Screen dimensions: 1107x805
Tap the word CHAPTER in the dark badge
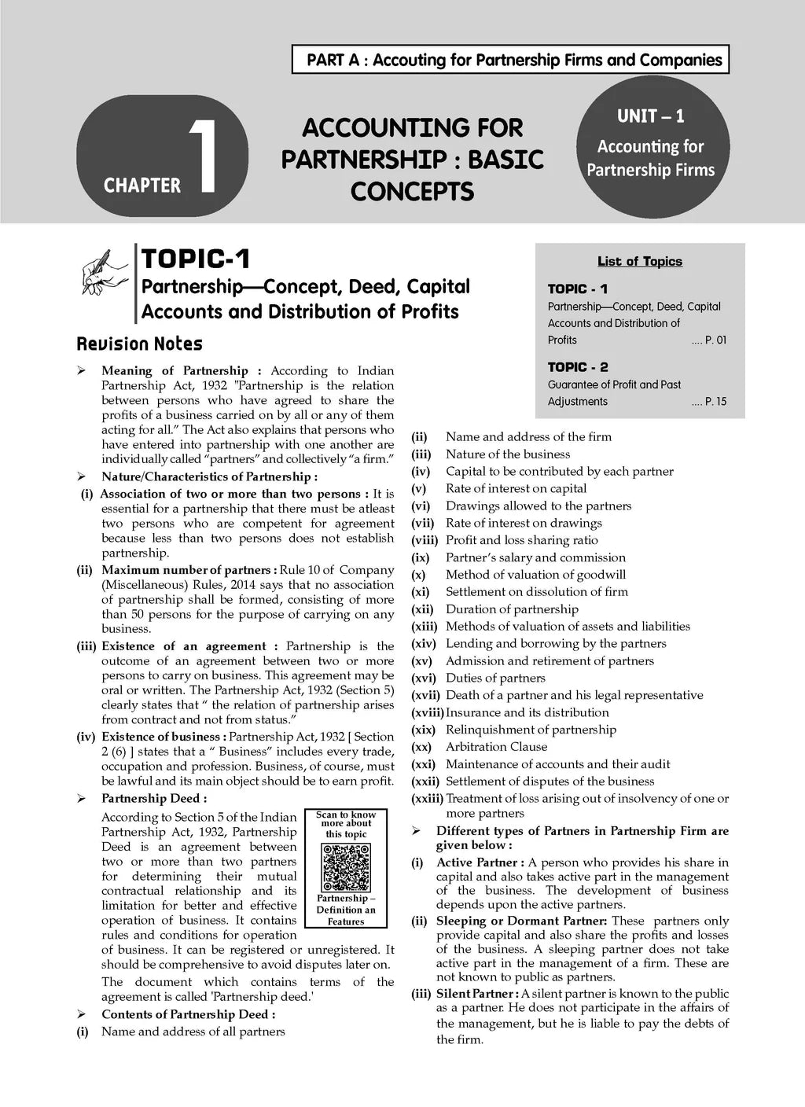[142, 186]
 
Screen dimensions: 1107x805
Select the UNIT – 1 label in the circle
[650, 116]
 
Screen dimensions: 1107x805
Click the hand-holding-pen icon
[105, 270]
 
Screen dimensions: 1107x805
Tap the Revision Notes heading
[139, 344]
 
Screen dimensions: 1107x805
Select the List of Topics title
[639, 262]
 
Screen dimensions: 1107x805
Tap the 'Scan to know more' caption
[346, 824]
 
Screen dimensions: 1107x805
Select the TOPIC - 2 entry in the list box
[578, 367]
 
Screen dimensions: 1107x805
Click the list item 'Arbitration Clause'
[496, 747]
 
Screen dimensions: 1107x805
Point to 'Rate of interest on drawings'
[524, 523]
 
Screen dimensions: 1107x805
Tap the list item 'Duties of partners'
[495, 678]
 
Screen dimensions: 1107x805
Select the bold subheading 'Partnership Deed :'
[149, 799]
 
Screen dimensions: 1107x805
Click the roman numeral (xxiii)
[427, 799]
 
